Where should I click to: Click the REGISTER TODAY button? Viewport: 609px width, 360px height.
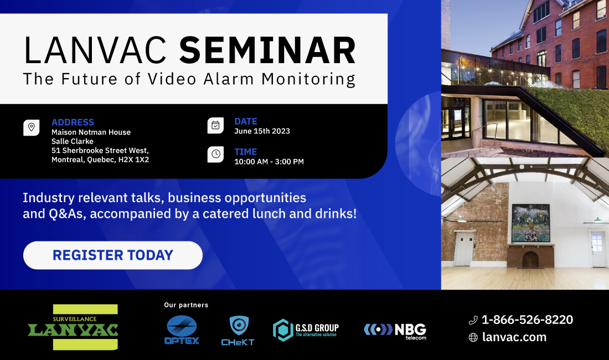(112, 255)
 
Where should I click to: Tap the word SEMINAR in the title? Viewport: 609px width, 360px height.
(267, 50)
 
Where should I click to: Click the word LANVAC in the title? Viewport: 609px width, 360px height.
(95, 50)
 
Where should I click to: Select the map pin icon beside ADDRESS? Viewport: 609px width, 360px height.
(32, 127)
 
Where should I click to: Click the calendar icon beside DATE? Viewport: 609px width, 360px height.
(215, 125)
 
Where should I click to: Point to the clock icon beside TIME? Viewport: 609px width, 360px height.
(215, 154)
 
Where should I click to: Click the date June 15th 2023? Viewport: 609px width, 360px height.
(262, 131)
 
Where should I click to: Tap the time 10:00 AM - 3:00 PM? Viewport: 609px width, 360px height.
(269, 162)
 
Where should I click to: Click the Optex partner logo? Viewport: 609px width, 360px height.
(182, 330)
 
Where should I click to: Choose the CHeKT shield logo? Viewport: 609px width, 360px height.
(238, 331)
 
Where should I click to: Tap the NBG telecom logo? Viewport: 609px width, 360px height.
(395, 331)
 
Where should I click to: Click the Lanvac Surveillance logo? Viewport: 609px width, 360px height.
(73, 327)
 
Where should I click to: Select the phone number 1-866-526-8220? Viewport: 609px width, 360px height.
(527, 320)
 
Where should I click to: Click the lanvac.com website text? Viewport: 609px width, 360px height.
(514, 337)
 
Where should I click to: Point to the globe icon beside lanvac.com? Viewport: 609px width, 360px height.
(473, 337)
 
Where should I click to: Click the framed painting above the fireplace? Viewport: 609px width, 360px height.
(530, 223)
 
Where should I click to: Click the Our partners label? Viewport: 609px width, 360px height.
(186, 305)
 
